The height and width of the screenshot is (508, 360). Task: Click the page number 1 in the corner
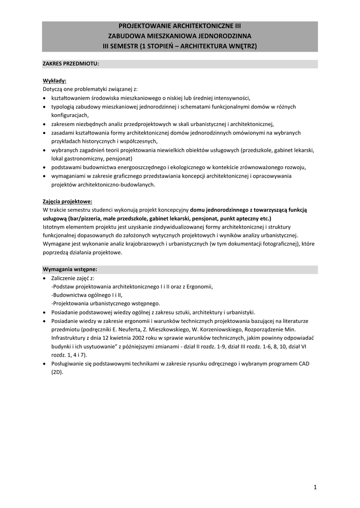pyautogui.click(x=315, y=487)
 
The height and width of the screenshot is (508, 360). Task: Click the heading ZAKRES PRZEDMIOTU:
pyautogui.click(x=71, y=64)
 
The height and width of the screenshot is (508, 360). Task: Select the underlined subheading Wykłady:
pyautogui.click(x=55, y=81)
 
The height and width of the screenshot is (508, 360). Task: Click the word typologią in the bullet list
pyautogui.click(x=64, y=106)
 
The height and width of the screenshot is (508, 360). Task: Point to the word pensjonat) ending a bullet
pyautogui.click(x=117, y=158)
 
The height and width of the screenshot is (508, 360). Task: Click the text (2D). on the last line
pyautogui.click(x=57, y=372)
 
